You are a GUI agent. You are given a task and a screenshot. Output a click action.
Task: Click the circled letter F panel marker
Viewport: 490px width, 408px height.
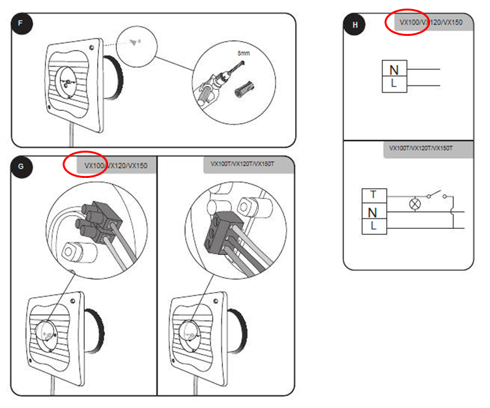pyautogui.click(x=22, y=25)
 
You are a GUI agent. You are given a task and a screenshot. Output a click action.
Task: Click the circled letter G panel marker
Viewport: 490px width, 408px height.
pyautogui.click(x=22, y=167)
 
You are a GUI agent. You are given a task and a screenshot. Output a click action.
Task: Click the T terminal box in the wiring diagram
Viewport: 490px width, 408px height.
pyautogui.click(x=373, y=195)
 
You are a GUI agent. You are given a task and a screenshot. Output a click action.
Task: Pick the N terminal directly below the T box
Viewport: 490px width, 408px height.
pyautogui.click(x=373, y=212)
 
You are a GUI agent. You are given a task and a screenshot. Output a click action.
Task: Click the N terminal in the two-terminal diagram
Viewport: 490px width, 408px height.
pyautogui.click(x=394, y=70)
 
